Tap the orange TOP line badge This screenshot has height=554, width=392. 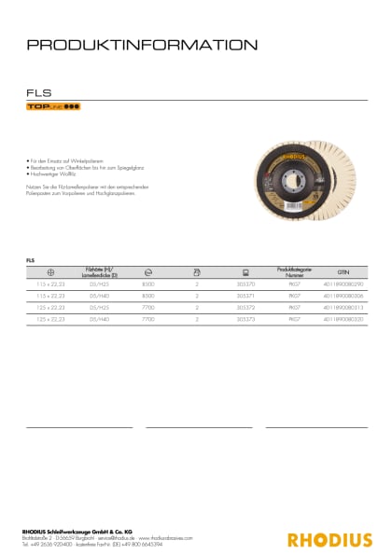click(x=52, y=107)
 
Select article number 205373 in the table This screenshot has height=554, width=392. click(x=245, y=319)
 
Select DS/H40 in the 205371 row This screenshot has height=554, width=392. click(x=99, y=294)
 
